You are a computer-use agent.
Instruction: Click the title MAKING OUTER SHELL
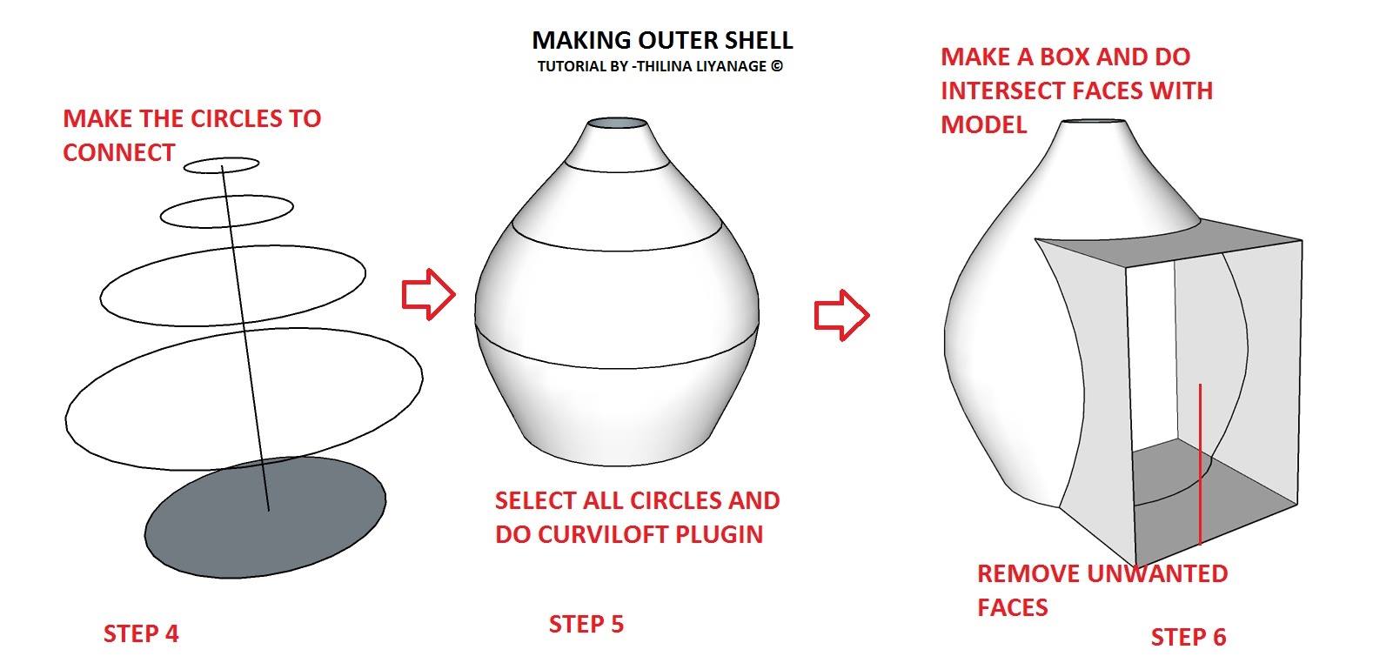tap(662, 40)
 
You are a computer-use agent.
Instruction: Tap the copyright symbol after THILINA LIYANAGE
tap(777, 66)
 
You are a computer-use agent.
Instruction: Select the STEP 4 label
tap(141, 633)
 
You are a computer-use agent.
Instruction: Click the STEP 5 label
tap(586, 624)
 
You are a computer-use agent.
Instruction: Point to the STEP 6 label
tap(1189, 637)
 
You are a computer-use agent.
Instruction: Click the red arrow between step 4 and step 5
tap(429, 294)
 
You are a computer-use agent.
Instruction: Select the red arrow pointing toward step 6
tap(842, 315)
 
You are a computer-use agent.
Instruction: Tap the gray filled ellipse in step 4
tap(265, 518)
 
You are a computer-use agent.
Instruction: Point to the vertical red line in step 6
tap(1200, 464)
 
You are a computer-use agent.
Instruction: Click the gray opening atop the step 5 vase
tap(618, 124)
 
